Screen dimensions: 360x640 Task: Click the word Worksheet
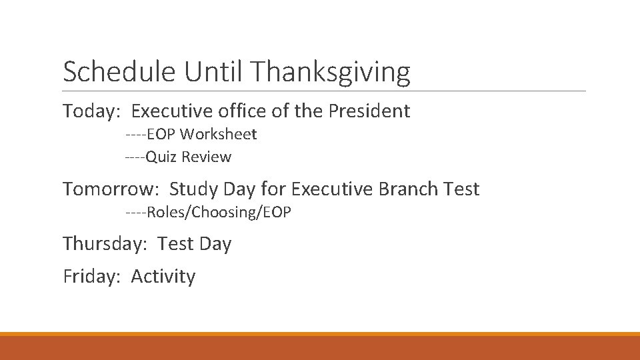218,135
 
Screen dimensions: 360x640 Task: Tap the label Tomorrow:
111,189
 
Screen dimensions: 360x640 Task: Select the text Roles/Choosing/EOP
219,213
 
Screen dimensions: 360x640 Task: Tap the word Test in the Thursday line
175,244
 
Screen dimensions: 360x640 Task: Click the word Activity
163,276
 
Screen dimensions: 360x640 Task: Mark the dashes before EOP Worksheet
135,135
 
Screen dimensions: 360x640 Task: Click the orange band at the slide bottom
320,347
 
